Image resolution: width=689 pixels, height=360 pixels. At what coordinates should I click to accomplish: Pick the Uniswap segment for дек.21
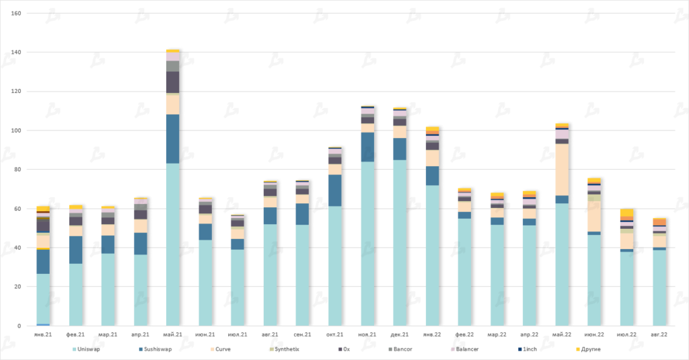pyautogui.click(x=400, y=242)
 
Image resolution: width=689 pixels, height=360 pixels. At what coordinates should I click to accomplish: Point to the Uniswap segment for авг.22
pyautogui.click(x=659, y=288)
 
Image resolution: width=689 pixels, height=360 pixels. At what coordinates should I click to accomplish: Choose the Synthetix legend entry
pyautogui.click(x=285, y=350)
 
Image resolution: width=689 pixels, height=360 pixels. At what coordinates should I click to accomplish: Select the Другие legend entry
pyautogui.click(x=587, y=350)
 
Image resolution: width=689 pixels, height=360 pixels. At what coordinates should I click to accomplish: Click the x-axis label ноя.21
pyautogui.click(x=367, y=334)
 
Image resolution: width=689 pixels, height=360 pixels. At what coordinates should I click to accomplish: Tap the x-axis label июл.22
pyautogui.click(x=626, y=334)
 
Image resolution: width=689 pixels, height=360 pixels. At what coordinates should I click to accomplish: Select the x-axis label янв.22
pyautogui.click(x=432, y=334)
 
